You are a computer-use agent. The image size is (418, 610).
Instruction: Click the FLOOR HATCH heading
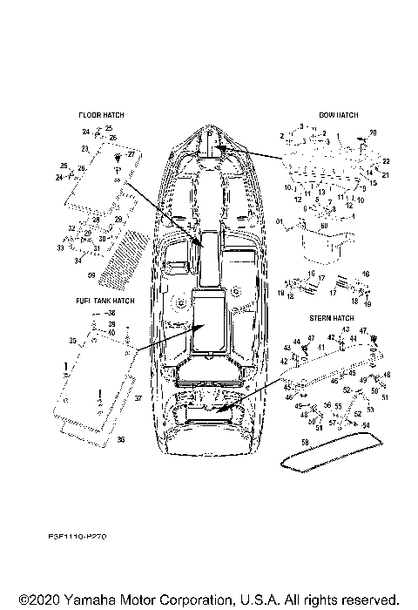click(101, 115)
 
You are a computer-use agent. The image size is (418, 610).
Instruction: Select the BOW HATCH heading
click(339, 115)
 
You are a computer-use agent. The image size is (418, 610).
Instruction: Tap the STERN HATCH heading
click(332, 319)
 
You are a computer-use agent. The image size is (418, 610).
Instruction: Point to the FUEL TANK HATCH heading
click(104, 301)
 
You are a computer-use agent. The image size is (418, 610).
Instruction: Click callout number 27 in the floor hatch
click(131, 153)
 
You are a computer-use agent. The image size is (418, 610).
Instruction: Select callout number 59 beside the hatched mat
click(91, 274)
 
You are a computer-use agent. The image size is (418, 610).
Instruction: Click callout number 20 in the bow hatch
click(374, 132)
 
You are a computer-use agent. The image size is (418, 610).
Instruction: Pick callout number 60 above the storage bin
click(325, 225)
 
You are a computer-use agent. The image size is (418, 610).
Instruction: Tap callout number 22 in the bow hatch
click(386, 162)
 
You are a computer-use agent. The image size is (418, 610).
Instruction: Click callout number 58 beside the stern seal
click(305, 444)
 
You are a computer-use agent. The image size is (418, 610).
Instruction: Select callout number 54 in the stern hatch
click(366, 424)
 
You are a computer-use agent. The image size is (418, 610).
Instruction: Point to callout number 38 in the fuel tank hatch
click(110, 312)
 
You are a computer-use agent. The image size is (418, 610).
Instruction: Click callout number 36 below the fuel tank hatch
click(120, 440)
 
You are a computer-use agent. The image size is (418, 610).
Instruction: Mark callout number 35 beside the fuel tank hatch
click(71, 341)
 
